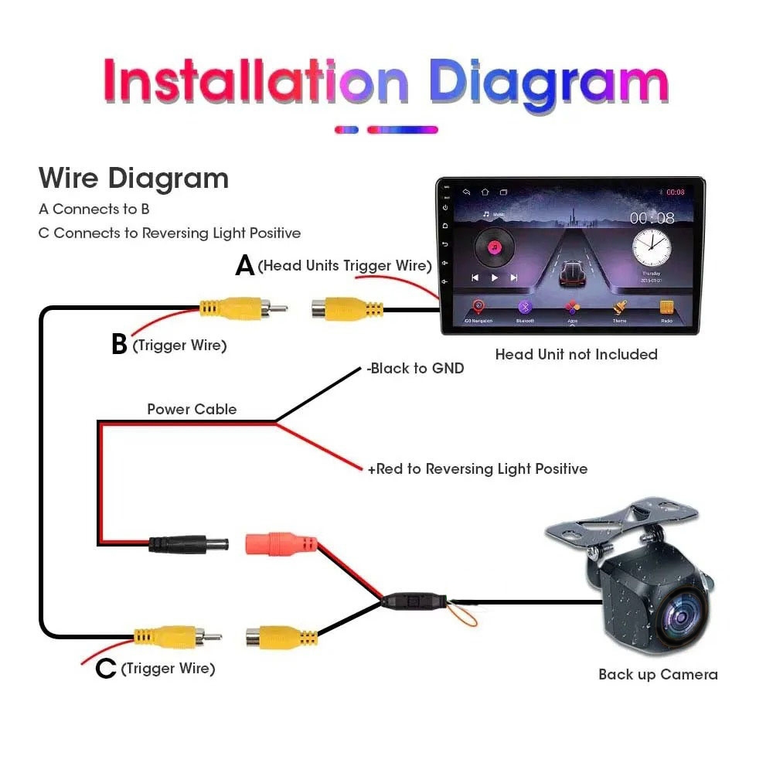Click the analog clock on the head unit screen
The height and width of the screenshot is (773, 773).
(651, 247)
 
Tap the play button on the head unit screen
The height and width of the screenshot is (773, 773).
(495, 278)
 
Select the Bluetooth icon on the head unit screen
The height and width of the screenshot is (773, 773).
(525, 307)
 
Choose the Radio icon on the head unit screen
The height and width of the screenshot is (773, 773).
(666, 307)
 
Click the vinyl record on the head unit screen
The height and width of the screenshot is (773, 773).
(495, 247)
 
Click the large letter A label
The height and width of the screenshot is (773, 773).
(245, 266)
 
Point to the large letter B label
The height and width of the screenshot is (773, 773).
(119, 345)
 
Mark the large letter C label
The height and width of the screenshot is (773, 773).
(106, 669)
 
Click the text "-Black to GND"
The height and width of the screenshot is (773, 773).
(415, 369)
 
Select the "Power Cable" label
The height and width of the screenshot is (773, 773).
(192, 409)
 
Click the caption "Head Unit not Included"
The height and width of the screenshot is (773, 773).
(576, 355)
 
